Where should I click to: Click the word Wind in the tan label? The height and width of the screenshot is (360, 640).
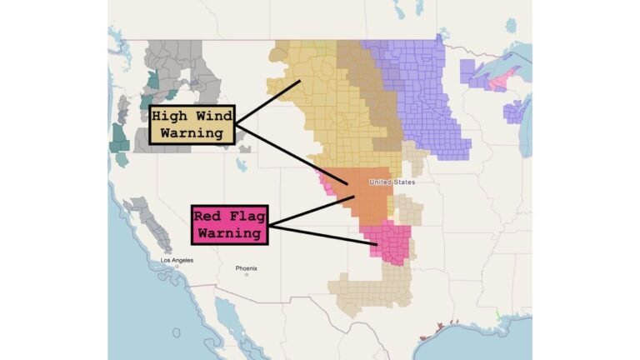tap(211, 117)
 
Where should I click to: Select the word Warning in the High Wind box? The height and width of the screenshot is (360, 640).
tap(192, 133)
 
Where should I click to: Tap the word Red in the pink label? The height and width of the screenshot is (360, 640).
tap(207, 216)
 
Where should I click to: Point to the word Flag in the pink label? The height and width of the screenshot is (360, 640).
tap(245, 216)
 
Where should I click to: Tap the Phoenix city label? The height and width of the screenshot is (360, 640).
tap(246, 268)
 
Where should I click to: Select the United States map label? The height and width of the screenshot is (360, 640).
tap(391, 182)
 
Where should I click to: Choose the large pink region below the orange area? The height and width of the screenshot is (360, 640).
tap(392, 244)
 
